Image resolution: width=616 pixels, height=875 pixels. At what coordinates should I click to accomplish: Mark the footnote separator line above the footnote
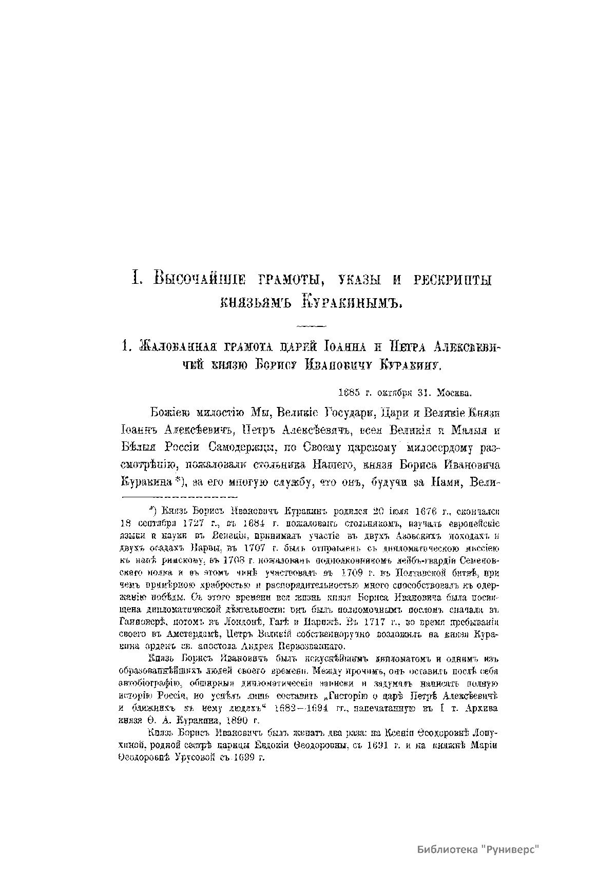179,497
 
